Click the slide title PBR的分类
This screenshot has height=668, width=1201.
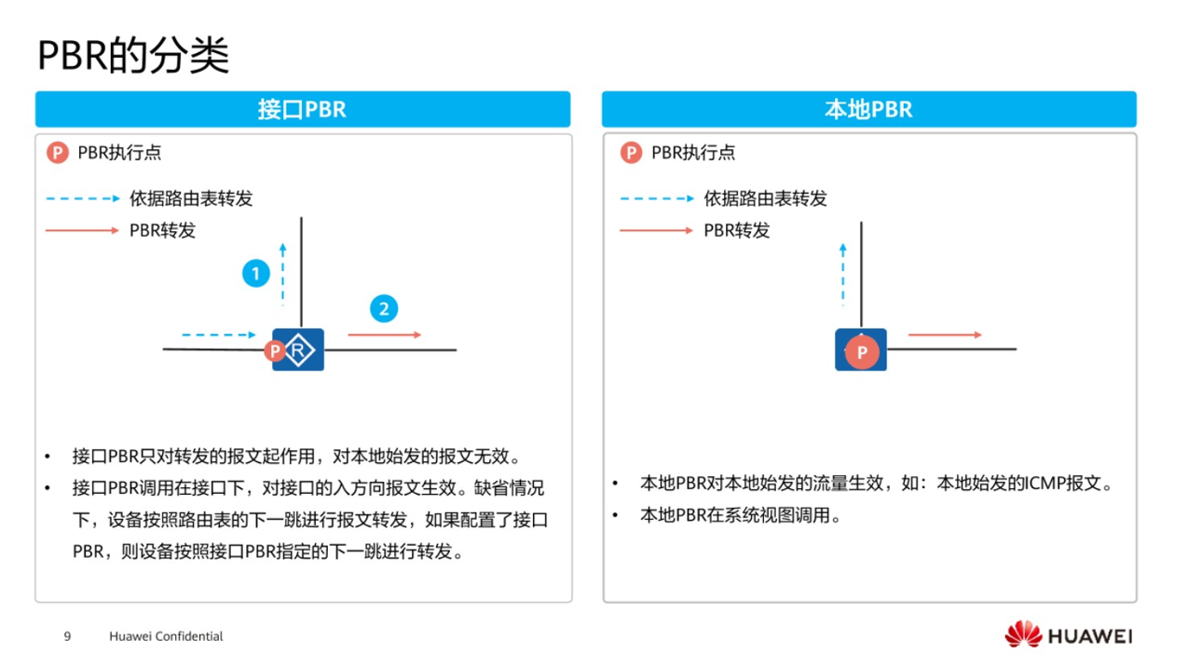tap(133, 56)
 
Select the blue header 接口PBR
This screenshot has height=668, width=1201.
tap(302, 109)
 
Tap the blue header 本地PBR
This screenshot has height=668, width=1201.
tap(868, 109)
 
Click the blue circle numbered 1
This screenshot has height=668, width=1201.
tap(255, 274)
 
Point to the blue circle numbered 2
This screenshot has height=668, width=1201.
tap(384, 309)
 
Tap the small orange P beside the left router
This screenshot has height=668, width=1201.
tap(274, 350)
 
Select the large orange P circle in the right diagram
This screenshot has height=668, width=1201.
tap(862, 352)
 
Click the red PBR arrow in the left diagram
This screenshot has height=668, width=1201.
tap(384, 334)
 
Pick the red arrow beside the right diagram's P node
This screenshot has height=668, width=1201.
tap(944, 334)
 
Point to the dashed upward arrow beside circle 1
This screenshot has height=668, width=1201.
tap(283, 273)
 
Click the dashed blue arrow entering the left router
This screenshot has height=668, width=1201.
tap(218, 334)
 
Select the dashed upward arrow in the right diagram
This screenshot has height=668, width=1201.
tap(843, 274)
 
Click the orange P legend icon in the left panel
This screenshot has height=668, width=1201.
tap(58, 153)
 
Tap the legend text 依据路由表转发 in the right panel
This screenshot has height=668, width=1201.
tap(765, 198)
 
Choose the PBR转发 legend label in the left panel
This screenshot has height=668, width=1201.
tap(162, 230)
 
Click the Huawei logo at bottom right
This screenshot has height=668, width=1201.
tap(1068, 635)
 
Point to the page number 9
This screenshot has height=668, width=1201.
tap(67, 636)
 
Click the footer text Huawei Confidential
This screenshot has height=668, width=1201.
tap(166, 636)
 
